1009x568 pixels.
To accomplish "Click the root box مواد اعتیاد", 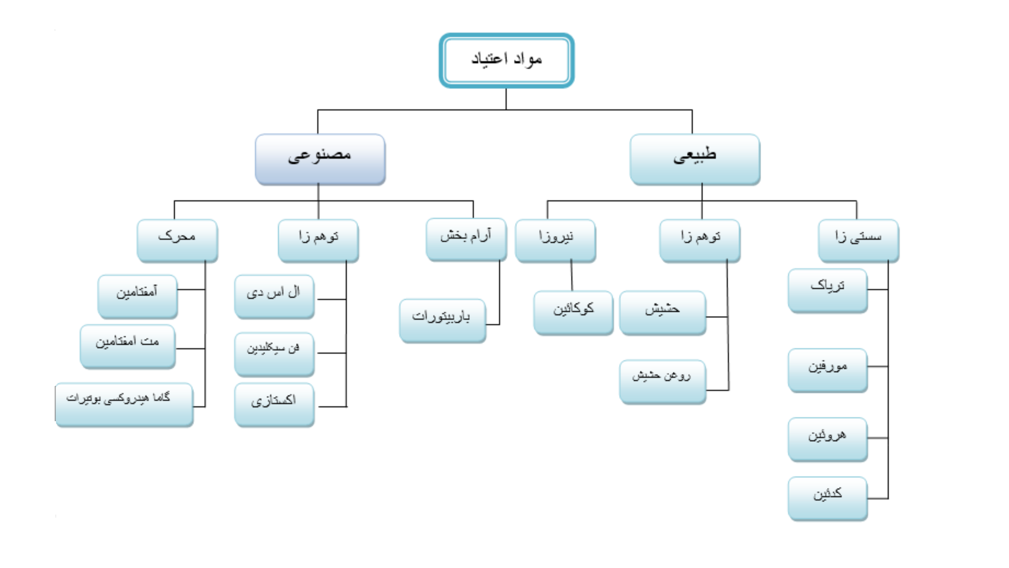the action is point(506,60).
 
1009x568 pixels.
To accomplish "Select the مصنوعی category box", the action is point(320,159).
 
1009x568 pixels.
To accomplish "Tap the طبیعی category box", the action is point(695,159).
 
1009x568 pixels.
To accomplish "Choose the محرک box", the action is point(177,241).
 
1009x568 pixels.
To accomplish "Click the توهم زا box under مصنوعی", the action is point(318,241).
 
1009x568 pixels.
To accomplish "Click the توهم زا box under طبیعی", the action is point(700,241).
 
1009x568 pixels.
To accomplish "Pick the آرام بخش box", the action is point(466,239).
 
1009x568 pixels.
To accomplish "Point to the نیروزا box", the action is point(555,241).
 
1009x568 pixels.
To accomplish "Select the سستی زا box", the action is point(858,241).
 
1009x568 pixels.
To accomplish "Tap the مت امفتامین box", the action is point(128,346).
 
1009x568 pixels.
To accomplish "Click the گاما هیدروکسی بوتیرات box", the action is point(124,405).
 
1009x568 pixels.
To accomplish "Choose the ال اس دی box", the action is point(275,297).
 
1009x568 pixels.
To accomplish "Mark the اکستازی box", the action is point(275,405).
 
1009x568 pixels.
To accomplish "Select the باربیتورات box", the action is point(443,320).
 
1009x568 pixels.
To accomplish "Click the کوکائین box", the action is point(573,312).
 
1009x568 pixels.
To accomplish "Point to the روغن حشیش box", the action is point(663,382).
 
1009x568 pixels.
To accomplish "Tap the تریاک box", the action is point(828,291).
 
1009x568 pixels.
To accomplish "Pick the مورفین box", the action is point(828,370).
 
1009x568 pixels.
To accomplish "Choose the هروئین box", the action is point(828,439).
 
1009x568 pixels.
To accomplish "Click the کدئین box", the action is point(828,498).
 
